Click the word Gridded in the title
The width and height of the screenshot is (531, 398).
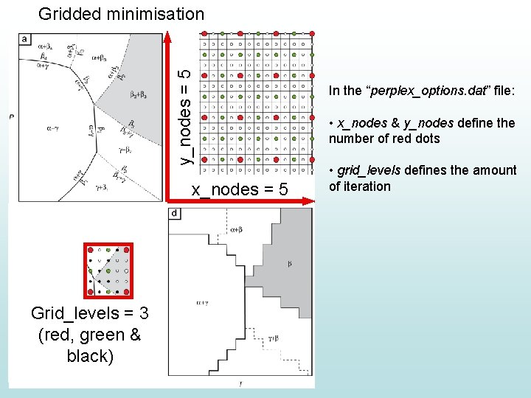pos(71,13)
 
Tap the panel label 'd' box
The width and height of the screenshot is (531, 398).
pos(175,214)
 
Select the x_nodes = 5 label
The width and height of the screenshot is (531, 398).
pos(240,189)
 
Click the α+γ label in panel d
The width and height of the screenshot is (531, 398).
pos(201,301)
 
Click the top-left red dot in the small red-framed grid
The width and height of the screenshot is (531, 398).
pos(88,250)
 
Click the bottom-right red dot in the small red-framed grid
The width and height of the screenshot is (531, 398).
pos(127,290)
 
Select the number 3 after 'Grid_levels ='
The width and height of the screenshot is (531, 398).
pos(144,314)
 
